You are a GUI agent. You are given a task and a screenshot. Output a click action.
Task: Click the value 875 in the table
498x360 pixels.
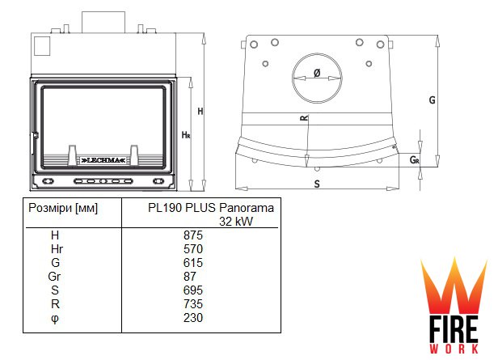coord(192,235)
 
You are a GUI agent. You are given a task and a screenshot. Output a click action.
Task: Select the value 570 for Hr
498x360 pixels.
coord(192,249)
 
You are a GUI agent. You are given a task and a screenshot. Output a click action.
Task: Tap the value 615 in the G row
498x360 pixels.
coord(192,263)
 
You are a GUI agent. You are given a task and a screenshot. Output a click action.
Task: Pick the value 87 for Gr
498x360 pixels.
coord(190,277)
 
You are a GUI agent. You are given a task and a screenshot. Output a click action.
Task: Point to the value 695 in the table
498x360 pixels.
coord(192,290)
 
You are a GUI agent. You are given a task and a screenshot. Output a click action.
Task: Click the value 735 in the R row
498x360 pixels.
coord(192,304)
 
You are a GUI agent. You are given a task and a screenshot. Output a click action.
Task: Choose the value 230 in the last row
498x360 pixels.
coord(192,318)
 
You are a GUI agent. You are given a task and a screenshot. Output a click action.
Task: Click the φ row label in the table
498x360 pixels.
coord(55,319)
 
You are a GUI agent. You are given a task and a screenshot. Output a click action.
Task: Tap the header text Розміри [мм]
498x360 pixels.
coord(63,208)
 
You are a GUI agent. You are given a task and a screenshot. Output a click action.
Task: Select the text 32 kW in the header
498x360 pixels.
coord(236,222)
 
